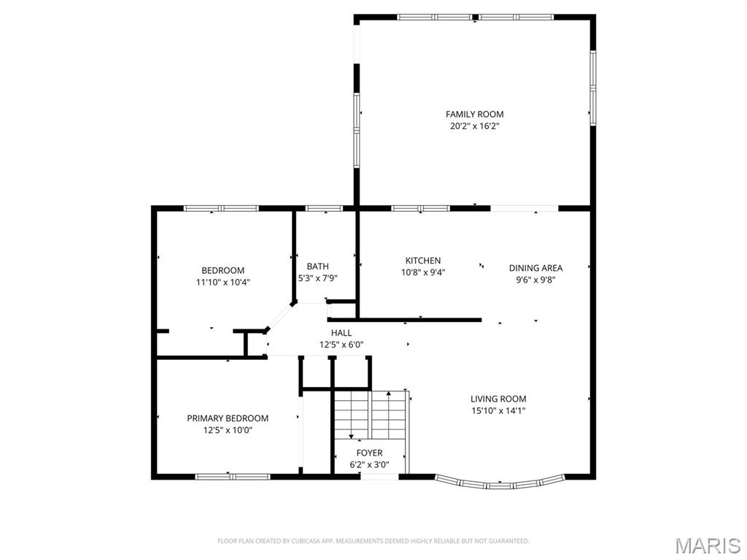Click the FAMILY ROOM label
[474, 114]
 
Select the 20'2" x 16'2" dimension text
[474, 126]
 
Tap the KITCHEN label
[423, 261]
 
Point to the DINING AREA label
[535, 268]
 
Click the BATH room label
[317, 266]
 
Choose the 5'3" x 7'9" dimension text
[317, 278]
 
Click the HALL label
[341, 333]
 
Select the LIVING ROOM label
[498, 399]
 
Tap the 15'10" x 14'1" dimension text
[498, 410]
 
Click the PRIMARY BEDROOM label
[228, 418]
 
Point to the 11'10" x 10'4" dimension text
[222, 282]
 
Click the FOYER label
[369, 453]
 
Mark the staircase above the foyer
[370, 414]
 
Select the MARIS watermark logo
[707, 545]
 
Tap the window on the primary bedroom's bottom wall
[232, 477]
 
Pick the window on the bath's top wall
[324, 209]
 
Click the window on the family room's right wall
[593, 88]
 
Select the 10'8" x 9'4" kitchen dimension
[423, 272]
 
